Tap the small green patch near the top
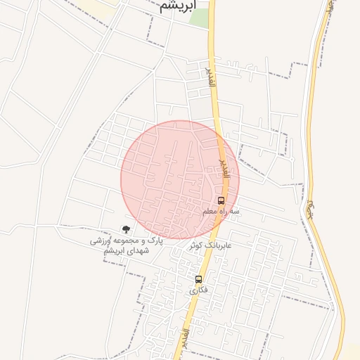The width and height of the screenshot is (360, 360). (x=199, y=18)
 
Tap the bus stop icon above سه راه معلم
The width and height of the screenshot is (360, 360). (x=221, y=200)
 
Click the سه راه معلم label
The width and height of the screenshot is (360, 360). (x=221, y=211)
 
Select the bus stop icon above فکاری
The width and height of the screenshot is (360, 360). (x=198, y=279)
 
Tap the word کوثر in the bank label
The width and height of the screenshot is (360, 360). (x=195, y=245)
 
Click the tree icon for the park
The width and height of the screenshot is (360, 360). (x=126, y=229)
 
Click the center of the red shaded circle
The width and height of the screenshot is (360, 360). (x=180, y=180)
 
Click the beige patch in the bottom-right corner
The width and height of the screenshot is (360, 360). (x=351, y=352)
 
